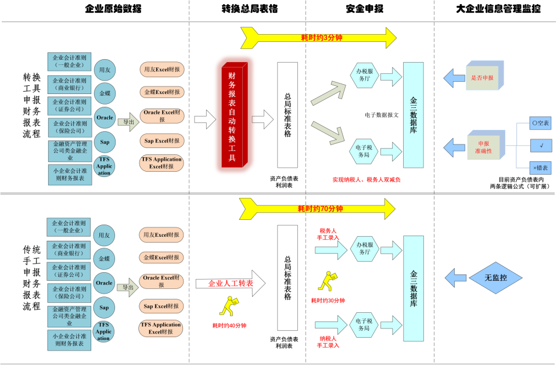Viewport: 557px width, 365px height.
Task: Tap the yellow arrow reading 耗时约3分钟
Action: tap(318, 37)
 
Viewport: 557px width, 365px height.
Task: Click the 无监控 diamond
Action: tap(495, 278)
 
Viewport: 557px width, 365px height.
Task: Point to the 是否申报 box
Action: tap(482, 78)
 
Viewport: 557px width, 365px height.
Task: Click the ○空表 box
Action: tap(541, 123)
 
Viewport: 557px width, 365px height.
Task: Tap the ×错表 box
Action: tap(541, 167)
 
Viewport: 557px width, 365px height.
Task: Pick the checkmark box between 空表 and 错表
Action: tap(541, 145)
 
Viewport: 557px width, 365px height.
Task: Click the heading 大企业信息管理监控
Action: tap(498, 9)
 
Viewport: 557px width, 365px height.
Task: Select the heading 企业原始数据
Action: tap(113, 9)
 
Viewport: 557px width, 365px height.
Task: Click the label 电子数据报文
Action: tap(382, 115)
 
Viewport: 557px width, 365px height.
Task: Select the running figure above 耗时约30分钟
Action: tap(326, 282)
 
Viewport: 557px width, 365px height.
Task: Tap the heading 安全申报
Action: tap(364, 9)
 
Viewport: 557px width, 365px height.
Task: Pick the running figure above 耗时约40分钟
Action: tap(228, 306)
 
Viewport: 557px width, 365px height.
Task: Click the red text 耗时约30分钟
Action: tap(328, 300)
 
